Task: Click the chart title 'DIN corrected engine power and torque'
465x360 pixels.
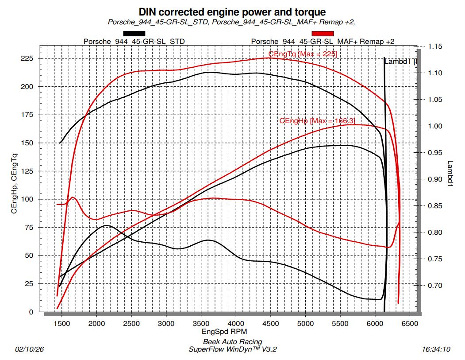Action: click(232, 12)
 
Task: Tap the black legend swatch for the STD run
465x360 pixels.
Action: click(134, 33)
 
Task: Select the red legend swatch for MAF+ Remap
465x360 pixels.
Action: click(323, 33)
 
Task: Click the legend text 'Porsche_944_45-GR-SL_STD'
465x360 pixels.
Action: click(134, 41)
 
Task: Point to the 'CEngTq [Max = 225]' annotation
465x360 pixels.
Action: click(303, 54)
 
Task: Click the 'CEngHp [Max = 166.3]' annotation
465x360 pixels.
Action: click(317, 120)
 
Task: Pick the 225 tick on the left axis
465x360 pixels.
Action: click(27, 58)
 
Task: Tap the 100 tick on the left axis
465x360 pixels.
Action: click(27, 199)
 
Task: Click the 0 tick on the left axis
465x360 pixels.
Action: click(31, 312)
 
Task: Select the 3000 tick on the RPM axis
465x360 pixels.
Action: click(166, 324)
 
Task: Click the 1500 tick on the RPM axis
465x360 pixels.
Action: click(61, 324)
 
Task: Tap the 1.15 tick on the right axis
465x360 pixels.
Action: click(435, 46)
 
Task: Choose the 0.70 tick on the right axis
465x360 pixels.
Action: click(435, 285)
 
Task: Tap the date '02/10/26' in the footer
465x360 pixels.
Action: click(29, 349)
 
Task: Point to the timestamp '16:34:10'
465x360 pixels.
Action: click(436, 349)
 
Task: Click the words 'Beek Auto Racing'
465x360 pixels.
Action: click(232, 341)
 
